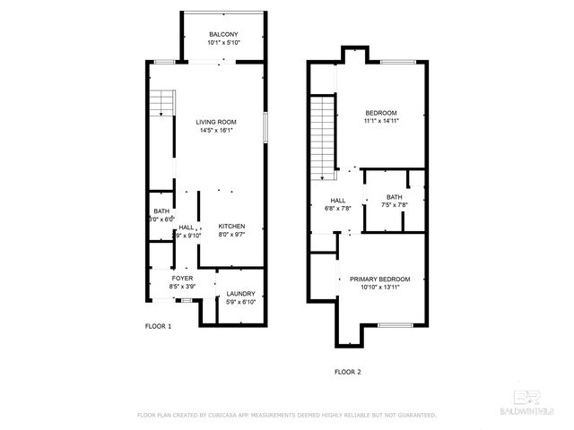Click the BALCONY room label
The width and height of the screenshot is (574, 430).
pos(223,34)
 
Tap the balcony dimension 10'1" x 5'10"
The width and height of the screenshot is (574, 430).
pos(223,41)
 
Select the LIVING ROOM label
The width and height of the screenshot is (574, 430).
pos(216,122)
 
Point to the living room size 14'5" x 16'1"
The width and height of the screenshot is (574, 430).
pos(216,130)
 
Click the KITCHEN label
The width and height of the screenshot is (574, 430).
pos(231,227)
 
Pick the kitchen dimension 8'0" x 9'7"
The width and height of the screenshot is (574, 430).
pos(231,235)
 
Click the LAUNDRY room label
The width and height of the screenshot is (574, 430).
pos(240,294)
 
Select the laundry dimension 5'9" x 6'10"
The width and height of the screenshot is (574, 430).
pos(240,302)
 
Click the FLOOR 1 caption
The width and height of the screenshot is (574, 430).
pos(159,326)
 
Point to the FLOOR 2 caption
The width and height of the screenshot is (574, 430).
pos(347,371)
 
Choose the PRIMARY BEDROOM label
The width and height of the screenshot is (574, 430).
pos(386,279)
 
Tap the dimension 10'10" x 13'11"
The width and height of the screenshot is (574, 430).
pos(386,288)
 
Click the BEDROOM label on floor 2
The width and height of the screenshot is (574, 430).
pos(380,113)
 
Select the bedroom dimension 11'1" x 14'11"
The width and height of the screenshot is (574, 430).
pos(380,121)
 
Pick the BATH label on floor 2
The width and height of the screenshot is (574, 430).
pos(395,197)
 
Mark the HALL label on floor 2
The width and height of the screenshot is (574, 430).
pos(338,201)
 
